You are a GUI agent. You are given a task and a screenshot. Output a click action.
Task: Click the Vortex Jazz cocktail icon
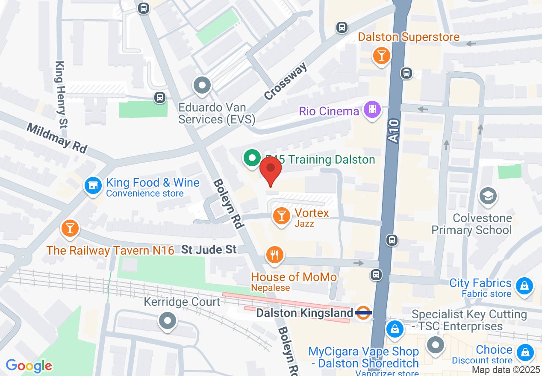click(x=281, y=216)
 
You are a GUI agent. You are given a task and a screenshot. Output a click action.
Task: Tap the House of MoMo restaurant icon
click(x=274, y=255)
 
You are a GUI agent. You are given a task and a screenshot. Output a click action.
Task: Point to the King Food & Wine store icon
click(x=93, y=185)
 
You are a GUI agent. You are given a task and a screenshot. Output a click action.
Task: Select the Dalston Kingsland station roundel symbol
click(x=363, y=313)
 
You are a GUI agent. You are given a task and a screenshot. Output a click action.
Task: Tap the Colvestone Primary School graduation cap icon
click(x=488, y=196)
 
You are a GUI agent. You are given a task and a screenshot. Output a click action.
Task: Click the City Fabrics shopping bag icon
click(x=523, y=285)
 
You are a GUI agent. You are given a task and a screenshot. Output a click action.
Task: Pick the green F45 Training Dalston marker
click(x=252, y=158)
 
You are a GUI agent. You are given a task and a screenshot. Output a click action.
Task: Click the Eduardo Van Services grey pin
click(x=202, y=85)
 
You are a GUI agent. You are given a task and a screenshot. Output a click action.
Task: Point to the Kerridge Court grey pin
click(x=168, y=320)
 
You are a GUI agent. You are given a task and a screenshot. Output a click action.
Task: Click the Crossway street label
click(x=286, y=81)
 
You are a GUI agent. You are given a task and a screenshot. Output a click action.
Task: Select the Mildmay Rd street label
click(x=56, y=138)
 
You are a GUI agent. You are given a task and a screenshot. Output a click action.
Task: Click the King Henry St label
click(x=62, y=94)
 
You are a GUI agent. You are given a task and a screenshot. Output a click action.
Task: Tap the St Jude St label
click(x=209, y=250)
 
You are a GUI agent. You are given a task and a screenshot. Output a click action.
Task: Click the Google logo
click(x=29, y=366)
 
